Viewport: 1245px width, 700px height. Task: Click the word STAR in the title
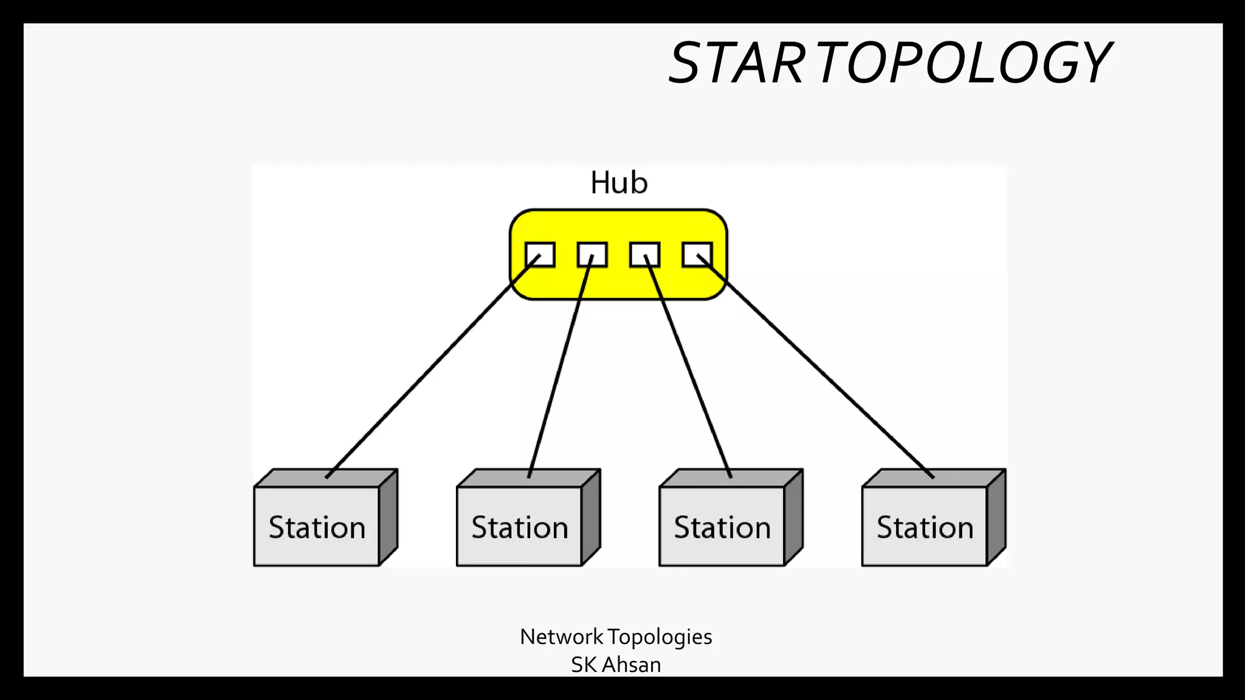(x=736, y=63)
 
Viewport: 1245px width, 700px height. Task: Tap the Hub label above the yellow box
(x=619, y=183)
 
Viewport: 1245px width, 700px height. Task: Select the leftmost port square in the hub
(x=540, y=255)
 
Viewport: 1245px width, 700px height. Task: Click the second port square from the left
(x=592, y=255)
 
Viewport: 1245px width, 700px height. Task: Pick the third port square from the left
(x=644, y=255)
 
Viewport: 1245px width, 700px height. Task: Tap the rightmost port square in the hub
(x=697, y=255)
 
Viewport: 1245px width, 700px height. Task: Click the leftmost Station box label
(x=317, y=527)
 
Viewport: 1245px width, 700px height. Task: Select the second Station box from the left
(x=519, y=527)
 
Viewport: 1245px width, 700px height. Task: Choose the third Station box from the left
(x=722, y=527)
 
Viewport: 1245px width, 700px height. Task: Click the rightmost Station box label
(x=925, y=527)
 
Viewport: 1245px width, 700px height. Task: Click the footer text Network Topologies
(x=616, y=637)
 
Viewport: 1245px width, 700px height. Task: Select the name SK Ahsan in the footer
(x=616, y=665)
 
